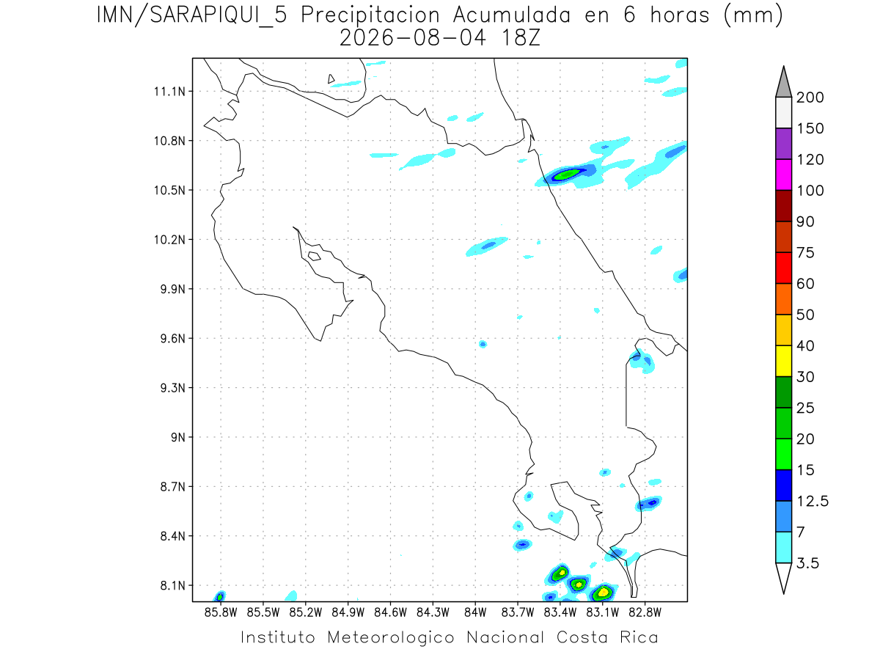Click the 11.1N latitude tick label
click(x=169, y=92)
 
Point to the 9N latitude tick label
click(x=178, y=437)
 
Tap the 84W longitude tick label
click(x=475, y=612)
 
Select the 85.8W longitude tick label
click(x=221, y=612)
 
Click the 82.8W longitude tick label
click(x=645, y=612)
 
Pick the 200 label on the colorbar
click(x=810, y=98)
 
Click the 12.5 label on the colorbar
click(x=813, y=502)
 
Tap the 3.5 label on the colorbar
click(x=807, y=563)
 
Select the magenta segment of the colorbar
click(x=783, y=175)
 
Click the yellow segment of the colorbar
click(x=783, y=361)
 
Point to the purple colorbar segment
click(x=783, y=144)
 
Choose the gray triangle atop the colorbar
click(x=783, y=81)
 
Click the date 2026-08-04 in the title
click(x=413, y=38)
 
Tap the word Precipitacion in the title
click(x=370, y=16)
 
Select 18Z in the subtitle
click(x=521, y=38)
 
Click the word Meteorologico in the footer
click(x=391, y=637)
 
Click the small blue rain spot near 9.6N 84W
click(x=483, y=344)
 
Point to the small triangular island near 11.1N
click(x=331, y=79)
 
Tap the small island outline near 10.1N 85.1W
click(x=315, y=256)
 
